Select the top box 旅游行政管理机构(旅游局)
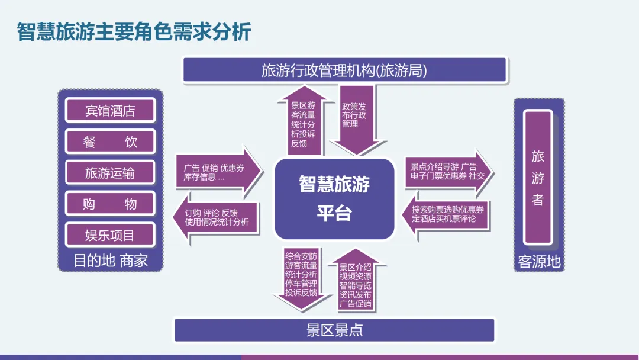344,70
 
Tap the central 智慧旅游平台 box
334,198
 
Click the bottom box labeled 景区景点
334,330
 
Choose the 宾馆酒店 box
110,111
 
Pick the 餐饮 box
110,142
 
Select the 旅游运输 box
110,172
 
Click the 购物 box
110,204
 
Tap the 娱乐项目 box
110,235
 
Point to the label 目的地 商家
110,261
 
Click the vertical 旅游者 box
538,178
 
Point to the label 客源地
539,262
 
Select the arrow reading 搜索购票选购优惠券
448,214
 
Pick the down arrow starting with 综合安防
301,277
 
